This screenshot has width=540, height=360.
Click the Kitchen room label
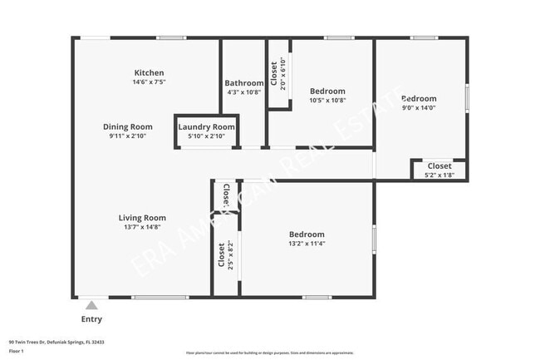tap(150, 73)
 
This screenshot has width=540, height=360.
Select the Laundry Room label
tap(207, 126)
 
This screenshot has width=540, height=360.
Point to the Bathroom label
tap(244, 83)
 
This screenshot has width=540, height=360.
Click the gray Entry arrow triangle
tap(91, 305)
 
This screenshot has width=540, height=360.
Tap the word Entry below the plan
tap(91, 319)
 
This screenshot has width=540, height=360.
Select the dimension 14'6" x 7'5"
tap(150, 83)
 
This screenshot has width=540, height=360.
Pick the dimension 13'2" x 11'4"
tap(307, 244)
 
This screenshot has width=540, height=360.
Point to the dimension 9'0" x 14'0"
tap(419, 107)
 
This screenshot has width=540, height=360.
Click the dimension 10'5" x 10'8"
tap(327, 100)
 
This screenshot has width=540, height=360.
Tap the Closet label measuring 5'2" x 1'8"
tap(439, 166)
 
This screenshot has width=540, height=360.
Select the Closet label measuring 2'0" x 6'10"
tap(274, 74)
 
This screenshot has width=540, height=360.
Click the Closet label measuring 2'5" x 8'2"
tap(221, 256)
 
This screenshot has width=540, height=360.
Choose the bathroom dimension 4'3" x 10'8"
tap(244, 92)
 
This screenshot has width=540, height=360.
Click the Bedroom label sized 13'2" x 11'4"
tap(307, 234)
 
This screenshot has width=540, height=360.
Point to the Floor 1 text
tap(17, 351)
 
